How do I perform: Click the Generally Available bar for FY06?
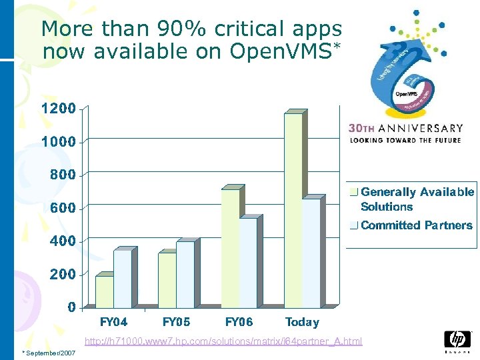click(230, 248)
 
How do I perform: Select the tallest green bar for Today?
click(293, 210)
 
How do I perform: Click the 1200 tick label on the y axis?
click(59, 108)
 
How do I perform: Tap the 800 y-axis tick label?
click(63, 175)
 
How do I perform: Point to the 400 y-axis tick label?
click(63, 241)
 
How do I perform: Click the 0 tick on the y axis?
click(70, 307)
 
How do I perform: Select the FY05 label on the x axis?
click(176, 322)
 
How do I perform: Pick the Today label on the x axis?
click(302, 322)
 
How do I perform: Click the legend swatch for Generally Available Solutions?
click(355, 192)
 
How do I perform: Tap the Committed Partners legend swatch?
click(355, 225)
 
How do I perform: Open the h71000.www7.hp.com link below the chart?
click(223, 341)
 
